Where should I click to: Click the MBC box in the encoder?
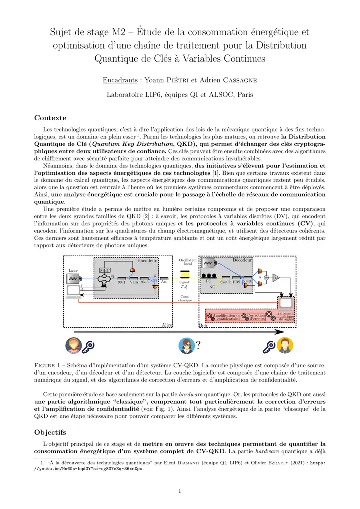(105, 270)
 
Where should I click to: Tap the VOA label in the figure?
(134, 282)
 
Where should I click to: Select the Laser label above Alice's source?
(73, 271)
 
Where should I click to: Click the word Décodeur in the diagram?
(242, 260)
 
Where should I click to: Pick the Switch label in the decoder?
(226, 282)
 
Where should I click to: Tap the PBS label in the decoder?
(236, 282)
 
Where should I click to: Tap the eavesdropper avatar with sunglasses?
(187, 345)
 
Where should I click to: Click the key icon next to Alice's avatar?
(89, 346)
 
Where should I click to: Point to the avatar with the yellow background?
(285, 345)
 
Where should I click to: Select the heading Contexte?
(50, 118)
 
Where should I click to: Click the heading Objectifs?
(51, 432)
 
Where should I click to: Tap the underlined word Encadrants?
(120, 80)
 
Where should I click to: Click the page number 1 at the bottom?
(180, 491)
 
